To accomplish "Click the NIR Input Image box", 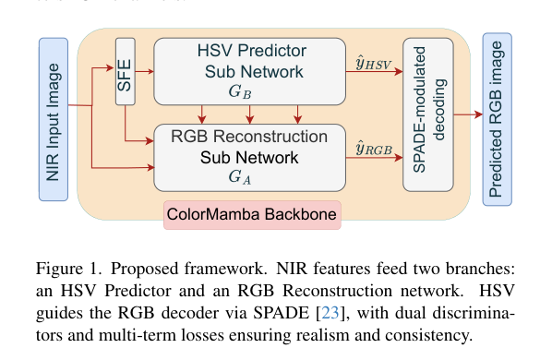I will (x=54, y=119).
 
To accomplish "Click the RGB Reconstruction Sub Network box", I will (x=249, y=156).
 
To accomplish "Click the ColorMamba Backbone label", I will (x=252, y=216).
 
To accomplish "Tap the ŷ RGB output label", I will (x=374, y=148).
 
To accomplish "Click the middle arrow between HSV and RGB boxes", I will (x=250, y=114).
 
